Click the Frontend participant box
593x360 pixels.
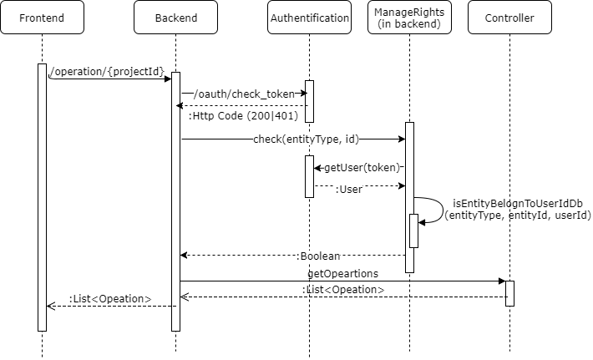coord(42,18)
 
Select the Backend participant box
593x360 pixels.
coord(175,18)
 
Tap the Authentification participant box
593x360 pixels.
coord(309,18)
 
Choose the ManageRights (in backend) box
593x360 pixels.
coord(409,18)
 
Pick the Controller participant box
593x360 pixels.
coord(509,18)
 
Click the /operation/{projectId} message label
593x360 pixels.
coord(107,71)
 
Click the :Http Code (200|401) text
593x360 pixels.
coord(231,116)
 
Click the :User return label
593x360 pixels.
coord(348,190)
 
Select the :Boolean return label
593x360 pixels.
coord(319,256)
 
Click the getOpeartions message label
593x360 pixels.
coord(342,273)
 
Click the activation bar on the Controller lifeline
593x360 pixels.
coord(509,293)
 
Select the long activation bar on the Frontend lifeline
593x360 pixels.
coord(42,197)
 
